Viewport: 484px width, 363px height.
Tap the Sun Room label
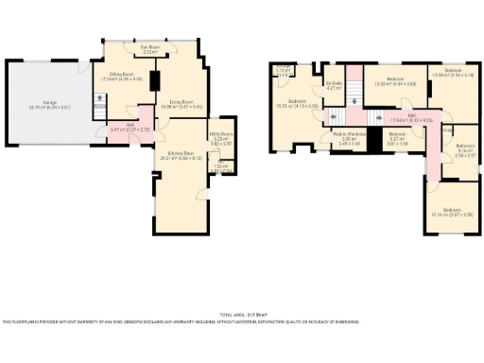(149, 48)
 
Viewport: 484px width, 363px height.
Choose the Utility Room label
(219, 140)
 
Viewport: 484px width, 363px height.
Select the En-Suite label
(333, 85)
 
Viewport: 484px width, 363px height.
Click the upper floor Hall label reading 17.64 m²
(394, 119)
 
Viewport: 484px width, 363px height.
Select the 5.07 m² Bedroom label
(397, 138)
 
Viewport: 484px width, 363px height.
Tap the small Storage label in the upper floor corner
(284, 69)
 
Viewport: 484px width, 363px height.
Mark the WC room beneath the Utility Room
(219, 168)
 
